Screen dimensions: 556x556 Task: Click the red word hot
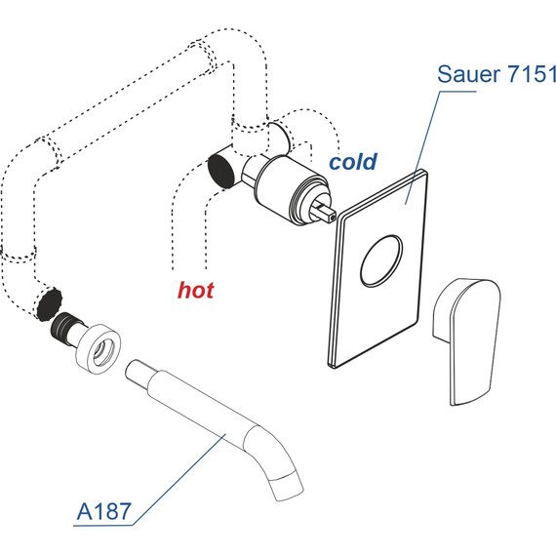196,290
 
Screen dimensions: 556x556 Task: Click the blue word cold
353,162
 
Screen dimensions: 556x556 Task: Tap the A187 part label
103,511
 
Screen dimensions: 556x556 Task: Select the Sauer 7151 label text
496,74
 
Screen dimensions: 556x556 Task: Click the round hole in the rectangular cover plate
381,261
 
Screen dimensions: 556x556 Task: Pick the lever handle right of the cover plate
466,341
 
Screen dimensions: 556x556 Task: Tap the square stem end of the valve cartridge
326,212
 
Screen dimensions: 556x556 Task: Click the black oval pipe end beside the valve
221,172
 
